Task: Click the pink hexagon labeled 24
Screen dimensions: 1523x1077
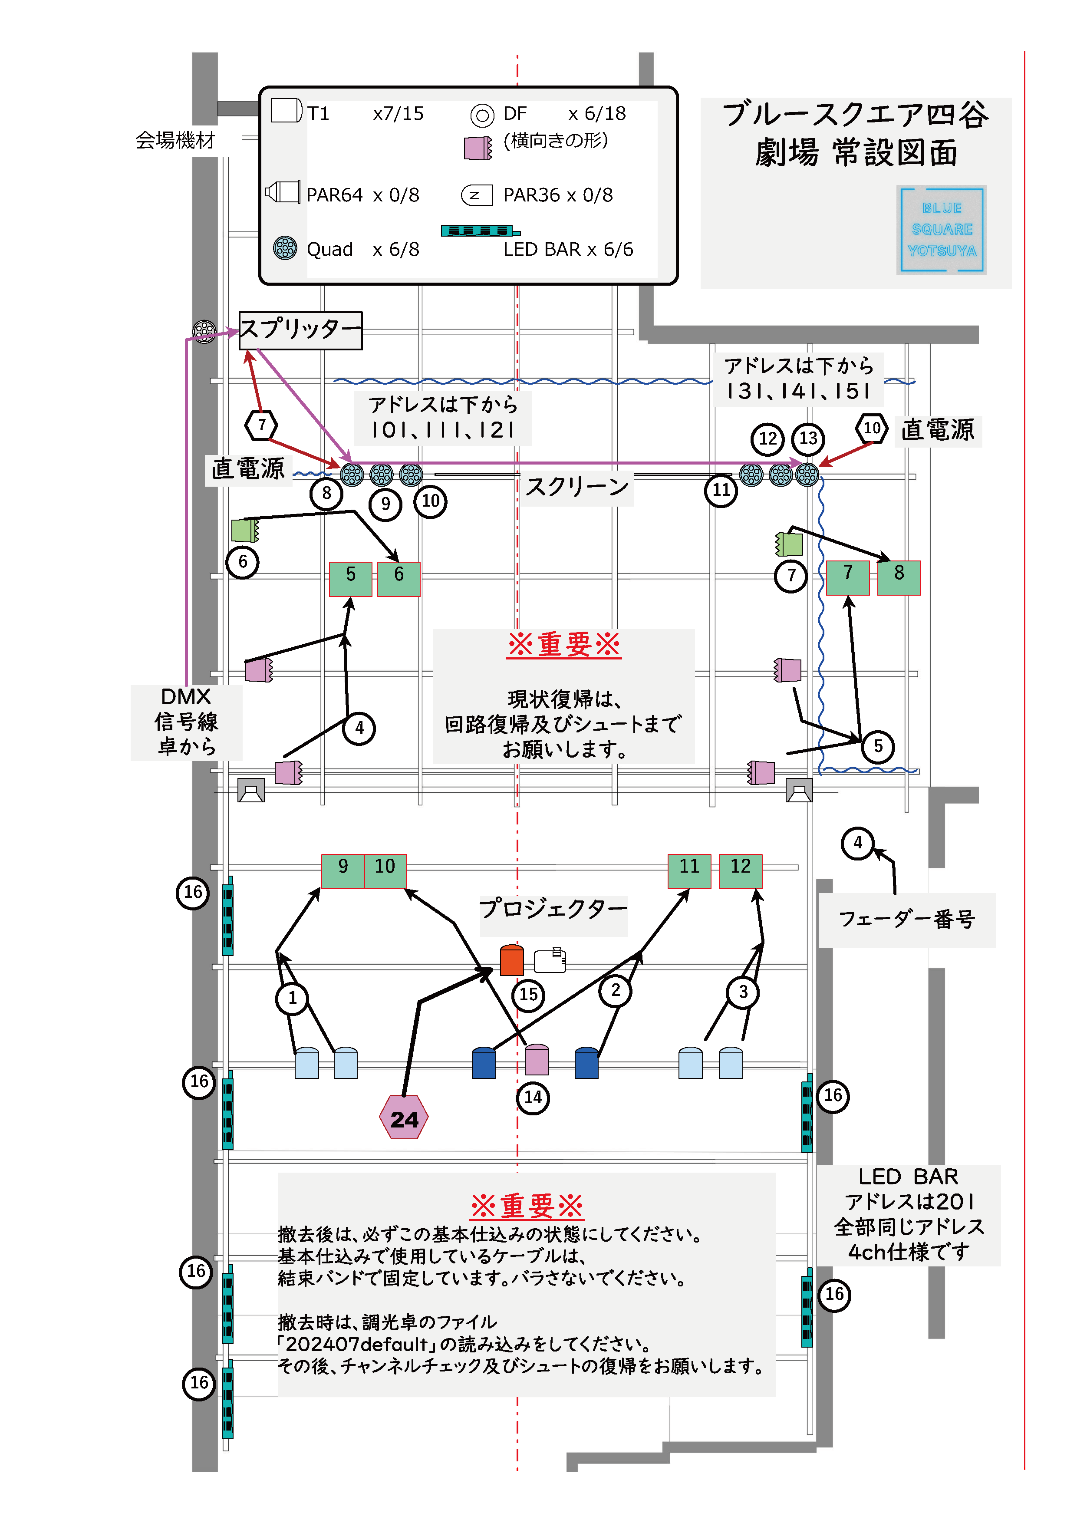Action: coord(404,1117)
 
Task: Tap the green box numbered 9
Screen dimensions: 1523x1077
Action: coord(343,871)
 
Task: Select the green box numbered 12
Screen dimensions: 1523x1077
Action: coord(740,871)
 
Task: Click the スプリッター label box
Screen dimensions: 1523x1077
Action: coord(300,330)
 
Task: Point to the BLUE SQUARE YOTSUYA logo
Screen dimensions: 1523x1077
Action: coord(941,230)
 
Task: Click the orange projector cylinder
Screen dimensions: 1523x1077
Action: coord(511,960)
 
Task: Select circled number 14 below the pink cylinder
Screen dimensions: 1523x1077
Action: coord(533,1097)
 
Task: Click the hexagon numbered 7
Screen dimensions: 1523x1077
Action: coord(261,425)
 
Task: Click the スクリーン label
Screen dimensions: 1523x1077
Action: coord(577,488)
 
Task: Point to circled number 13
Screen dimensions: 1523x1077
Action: coord(808,438)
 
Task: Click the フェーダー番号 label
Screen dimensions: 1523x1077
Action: coord(906,920)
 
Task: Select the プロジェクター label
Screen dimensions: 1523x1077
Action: coord(553,908)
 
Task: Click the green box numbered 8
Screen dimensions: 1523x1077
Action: coord(899,577)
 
